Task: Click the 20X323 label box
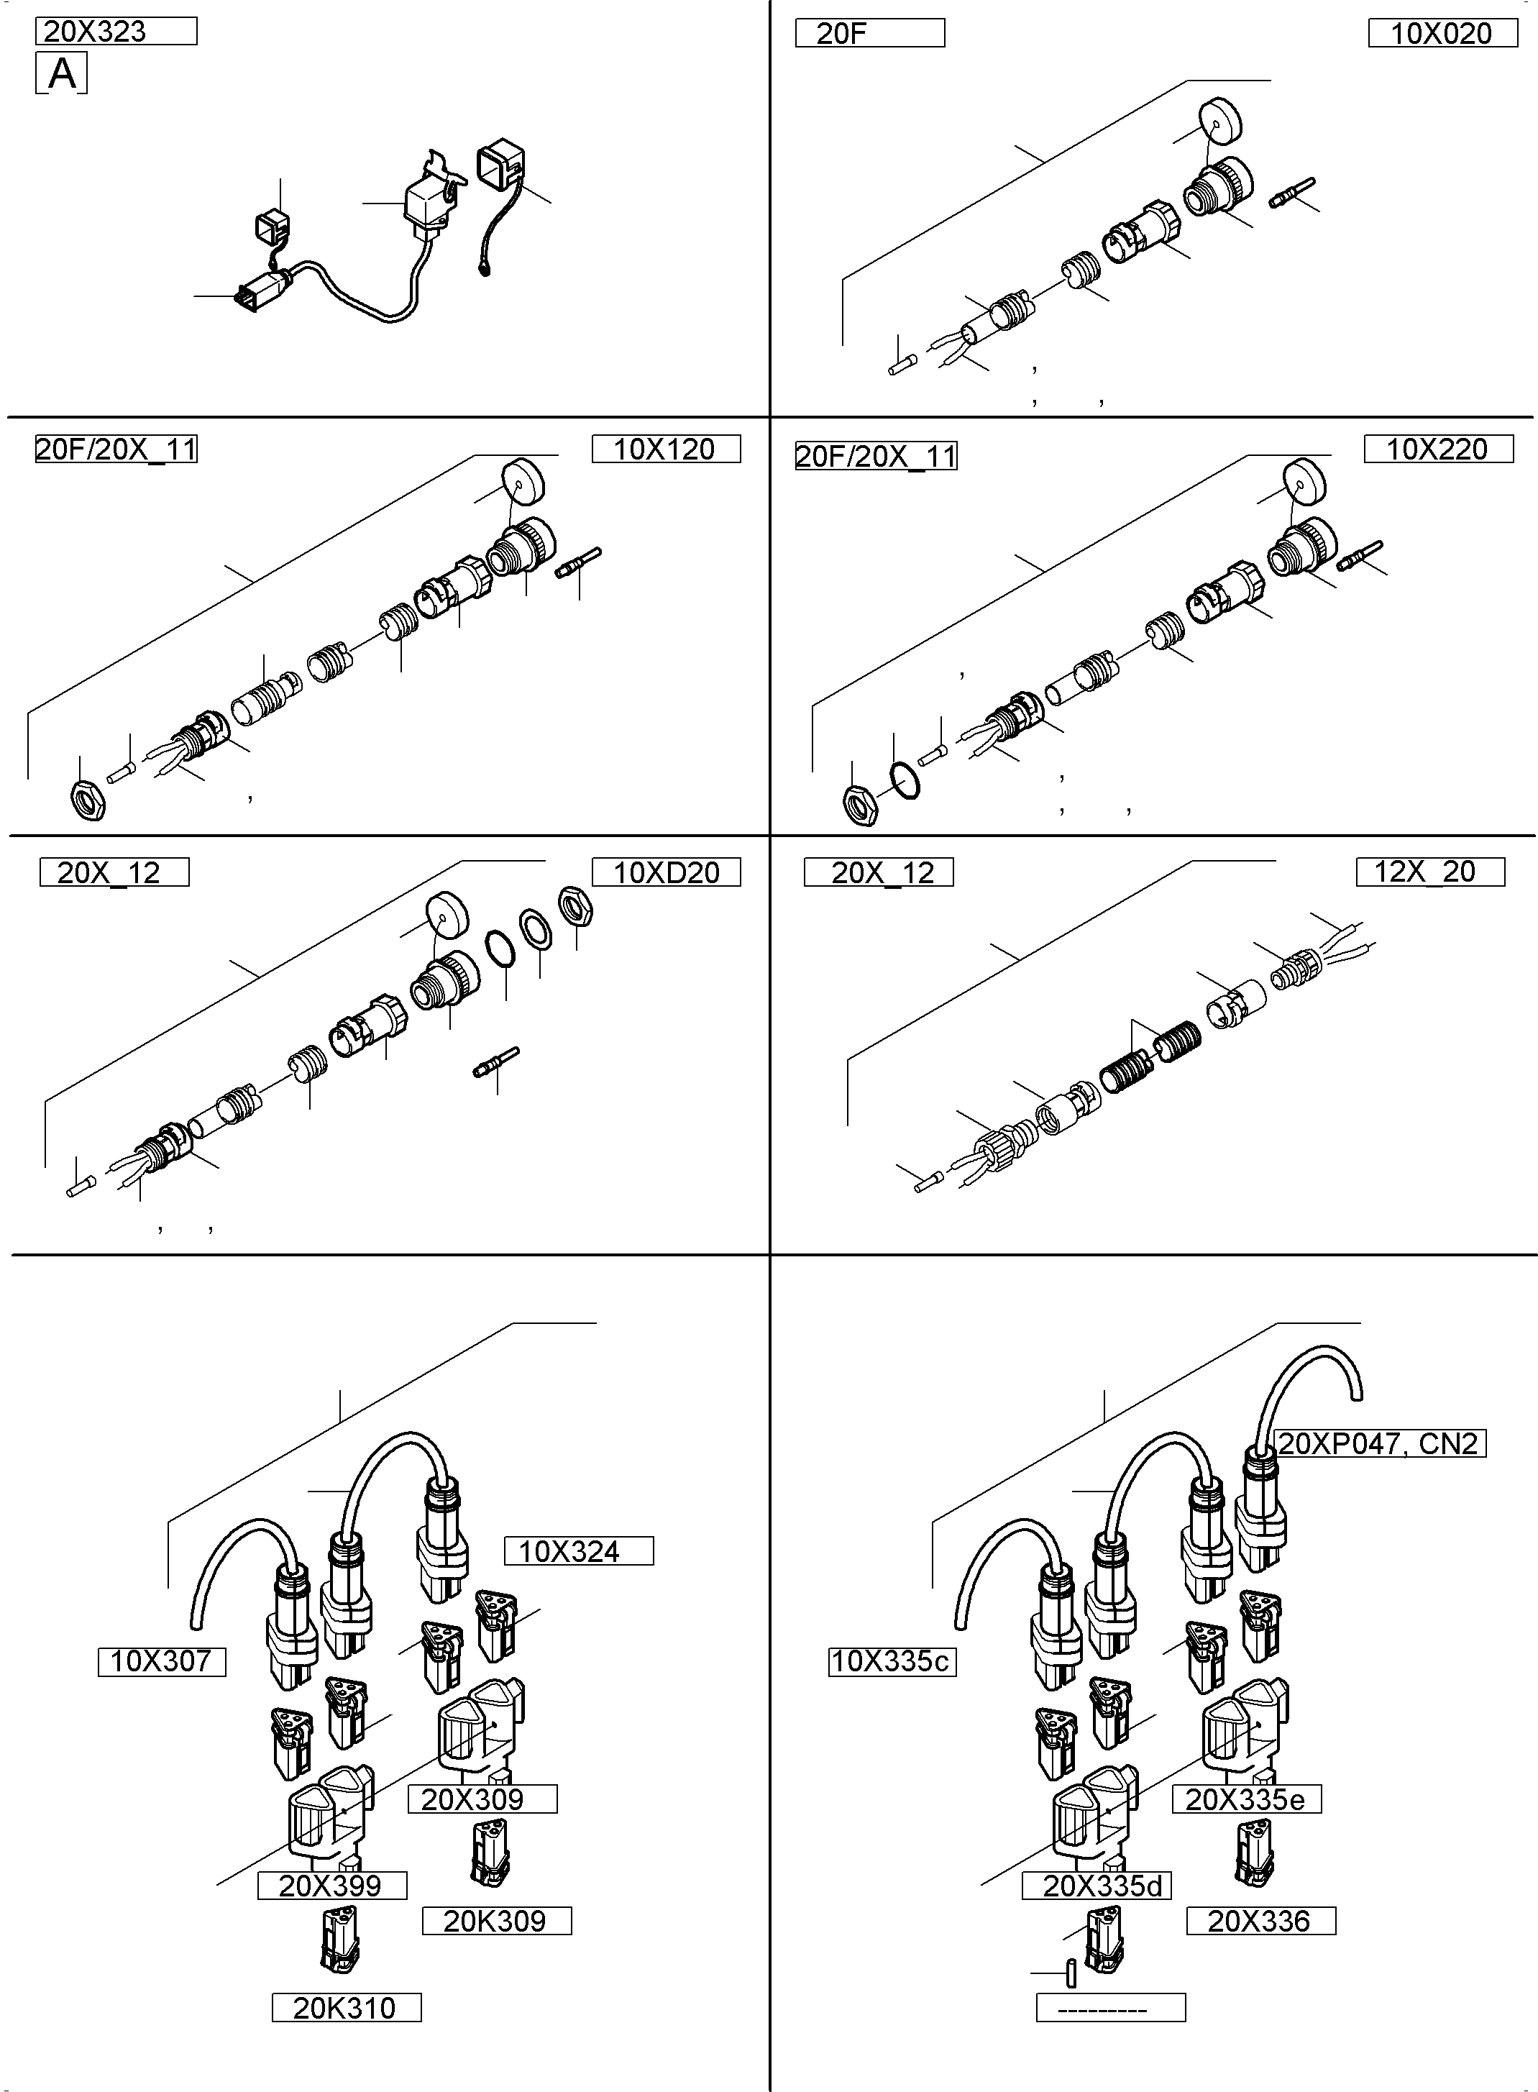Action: point(116,32)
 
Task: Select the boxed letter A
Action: point(61,73)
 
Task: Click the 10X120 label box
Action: point(666,449)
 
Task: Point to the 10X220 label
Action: point(1437,449)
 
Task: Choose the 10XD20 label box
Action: point(667,872)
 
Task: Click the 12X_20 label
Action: point(1429,872)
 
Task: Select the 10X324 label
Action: point(578,1551)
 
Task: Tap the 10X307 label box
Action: point(162,1661)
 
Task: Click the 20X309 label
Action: point(482,1799)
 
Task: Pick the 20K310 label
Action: point(345,2007)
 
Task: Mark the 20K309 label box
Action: point(496,1921)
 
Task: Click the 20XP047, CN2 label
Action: point(1378,1443)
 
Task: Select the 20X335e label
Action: point(1245,1799)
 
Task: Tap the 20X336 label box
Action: point(1260,1921)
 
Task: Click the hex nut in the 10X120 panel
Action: point(88,800)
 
